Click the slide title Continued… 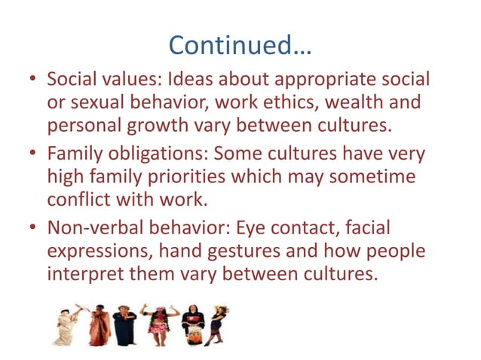coord(240,44)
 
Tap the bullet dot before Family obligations coord(30,154)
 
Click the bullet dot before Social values coord(30,79)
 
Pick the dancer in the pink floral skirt coord(158,324)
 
